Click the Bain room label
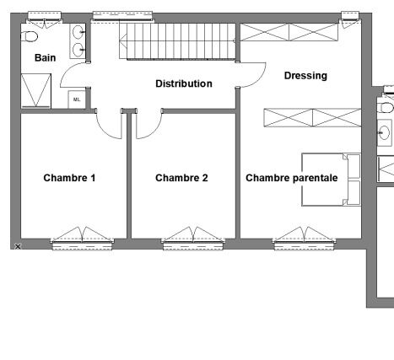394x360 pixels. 45,58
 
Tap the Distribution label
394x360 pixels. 184,83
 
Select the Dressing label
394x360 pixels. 305,76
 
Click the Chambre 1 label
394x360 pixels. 69,178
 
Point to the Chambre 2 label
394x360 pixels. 181,178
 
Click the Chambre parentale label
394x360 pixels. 292,178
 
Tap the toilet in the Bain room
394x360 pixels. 30,36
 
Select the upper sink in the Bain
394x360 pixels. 78,32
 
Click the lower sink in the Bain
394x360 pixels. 78,50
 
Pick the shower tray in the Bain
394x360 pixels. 36,91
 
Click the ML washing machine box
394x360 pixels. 77,99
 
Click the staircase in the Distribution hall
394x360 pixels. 177,41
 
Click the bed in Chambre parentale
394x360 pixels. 331,180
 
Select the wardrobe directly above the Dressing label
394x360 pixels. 289,32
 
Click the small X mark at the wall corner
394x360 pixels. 18,246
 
